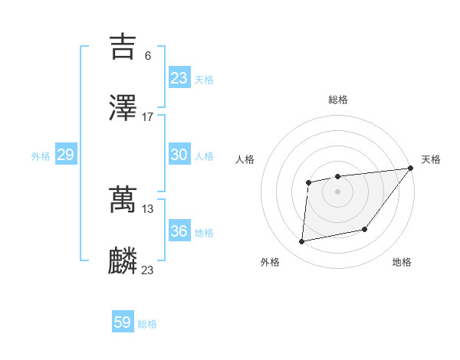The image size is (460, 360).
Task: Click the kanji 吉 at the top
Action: [123, 47]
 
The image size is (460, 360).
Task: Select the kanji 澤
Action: [123, 109]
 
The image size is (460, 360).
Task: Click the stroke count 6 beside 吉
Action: [148, 55]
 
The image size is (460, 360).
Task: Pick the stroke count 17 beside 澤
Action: [148, 116]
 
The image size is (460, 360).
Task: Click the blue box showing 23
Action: [179, 78]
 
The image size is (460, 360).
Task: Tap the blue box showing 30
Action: [179, 155]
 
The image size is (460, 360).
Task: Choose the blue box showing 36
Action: [179, 231]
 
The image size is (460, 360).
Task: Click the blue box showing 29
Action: [65, 155]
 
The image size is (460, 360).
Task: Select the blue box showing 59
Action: [123, 322]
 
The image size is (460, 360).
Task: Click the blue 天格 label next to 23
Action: [204, 79]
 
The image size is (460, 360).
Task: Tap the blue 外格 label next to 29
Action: [41, 155]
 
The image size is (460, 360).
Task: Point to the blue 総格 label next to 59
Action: [147, 324]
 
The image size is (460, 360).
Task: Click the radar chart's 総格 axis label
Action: [338, 100]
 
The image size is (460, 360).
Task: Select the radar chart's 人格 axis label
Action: [245, 159]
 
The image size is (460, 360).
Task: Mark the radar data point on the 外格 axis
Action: [302, 242]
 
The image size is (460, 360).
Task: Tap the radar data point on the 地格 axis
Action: [365, 229]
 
